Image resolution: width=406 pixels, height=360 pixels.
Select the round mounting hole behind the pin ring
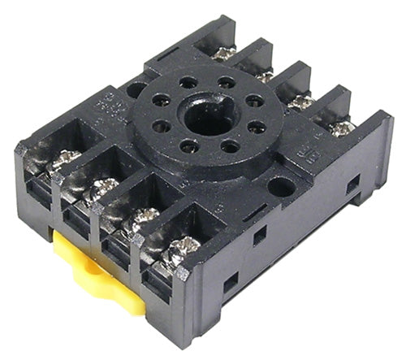[136, 89]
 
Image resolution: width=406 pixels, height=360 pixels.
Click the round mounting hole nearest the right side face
[282, 186]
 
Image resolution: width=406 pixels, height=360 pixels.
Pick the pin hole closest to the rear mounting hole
[161, 102]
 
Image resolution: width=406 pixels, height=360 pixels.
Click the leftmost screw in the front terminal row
[64, 159]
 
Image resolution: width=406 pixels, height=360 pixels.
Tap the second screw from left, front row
[103, 188]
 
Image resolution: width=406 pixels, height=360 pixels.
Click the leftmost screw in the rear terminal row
[223, 53]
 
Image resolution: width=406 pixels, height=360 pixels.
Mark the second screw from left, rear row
[264, 76]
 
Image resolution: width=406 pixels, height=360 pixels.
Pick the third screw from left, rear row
[302, 102]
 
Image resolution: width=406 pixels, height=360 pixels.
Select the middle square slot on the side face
[259, 235]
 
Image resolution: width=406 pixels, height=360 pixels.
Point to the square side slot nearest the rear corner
[352, 185]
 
